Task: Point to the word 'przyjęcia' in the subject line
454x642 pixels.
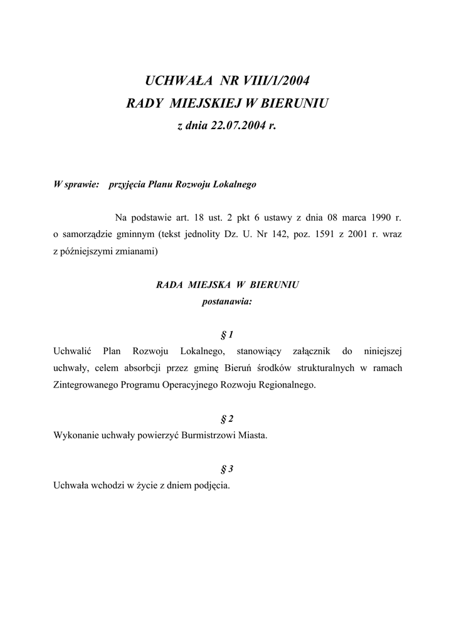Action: tap(128, 185)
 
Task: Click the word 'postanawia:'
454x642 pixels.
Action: tap(226, 302)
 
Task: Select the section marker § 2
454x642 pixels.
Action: tap(226, 418)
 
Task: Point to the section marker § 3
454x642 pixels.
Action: tap(226, 468)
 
